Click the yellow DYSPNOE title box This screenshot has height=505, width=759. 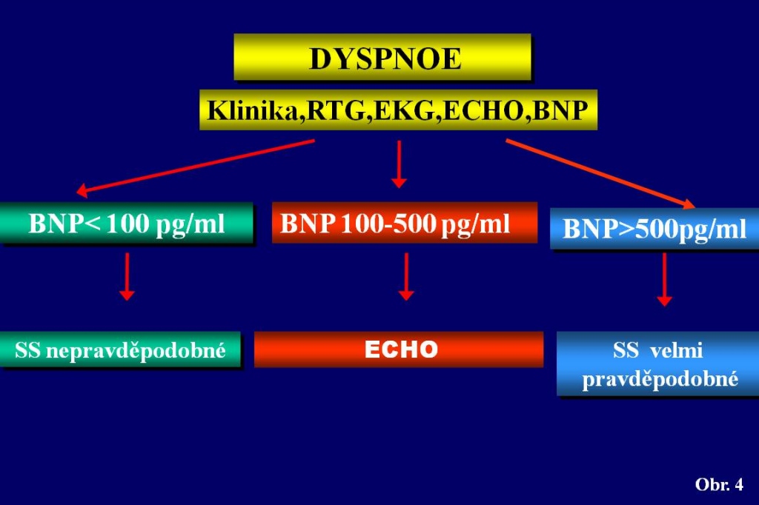click(382, 57)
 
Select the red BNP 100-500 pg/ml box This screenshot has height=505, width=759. click(405, 222)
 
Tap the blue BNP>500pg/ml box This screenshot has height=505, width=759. click(654, 229)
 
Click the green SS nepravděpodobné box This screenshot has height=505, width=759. click(120, 350)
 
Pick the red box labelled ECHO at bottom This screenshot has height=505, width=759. click(399, 350)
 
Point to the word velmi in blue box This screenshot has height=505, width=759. click(677, 350)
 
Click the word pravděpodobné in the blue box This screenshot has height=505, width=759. click(660, 379)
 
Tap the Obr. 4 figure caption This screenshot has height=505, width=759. click(719, 484)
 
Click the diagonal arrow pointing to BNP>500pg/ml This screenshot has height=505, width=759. click(600, 174)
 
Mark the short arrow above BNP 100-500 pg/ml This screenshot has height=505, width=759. click(399, 164)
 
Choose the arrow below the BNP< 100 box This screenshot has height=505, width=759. click(127, 277)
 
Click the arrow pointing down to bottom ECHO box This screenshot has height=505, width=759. click(406, 277)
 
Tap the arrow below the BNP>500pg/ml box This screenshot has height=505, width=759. click(664, 280)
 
